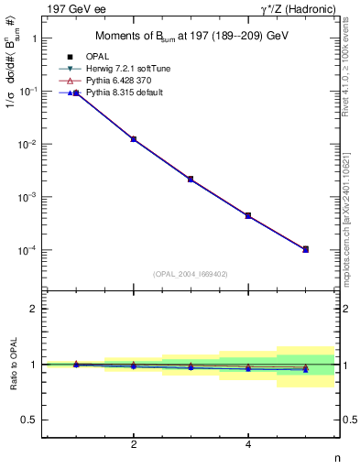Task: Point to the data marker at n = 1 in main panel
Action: click(77, 93)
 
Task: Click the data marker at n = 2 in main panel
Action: click(134, 139)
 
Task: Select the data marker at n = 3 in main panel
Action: click(191, 179)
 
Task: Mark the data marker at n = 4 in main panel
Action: click(248, 215)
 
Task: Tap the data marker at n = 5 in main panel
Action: click(305, 249)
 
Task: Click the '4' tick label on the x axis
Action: click(248, 445)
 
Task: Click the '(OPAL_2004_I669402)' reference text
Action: click(191, 273)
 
